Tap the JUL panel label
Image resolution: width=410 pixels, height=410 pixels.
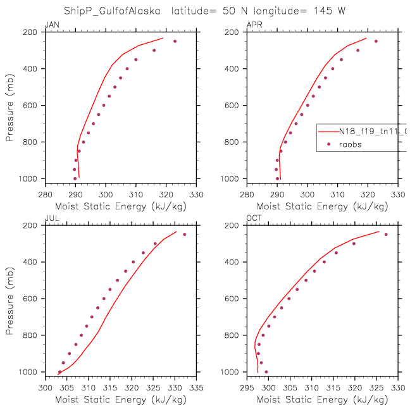click(x=51, y=218)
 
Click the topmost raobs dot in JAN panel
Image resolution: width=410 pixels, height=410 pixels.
click(x=175, y=41)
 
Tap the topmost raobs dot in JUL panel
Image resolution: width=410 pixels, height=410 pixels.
click(x=185, y=235)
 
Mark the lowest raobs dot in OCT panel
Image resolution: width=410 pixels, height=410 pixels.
click(x=266, y=371)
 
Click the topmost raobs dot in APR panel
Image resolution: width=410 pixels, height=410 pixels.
click(x=376, y=41)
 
